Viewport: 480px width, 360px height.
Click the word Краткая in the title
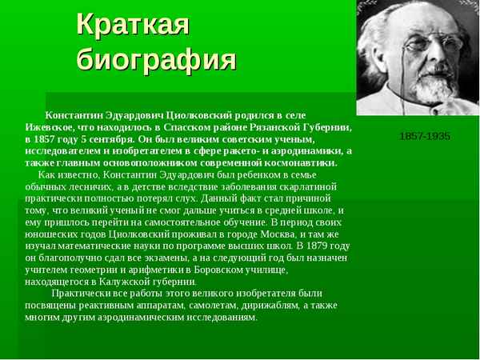coord(133,24)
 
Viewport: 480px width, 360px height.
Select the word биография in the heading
coord(157,60)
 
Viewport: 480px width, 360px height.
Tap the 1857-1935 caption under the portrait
coord(424,136)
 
